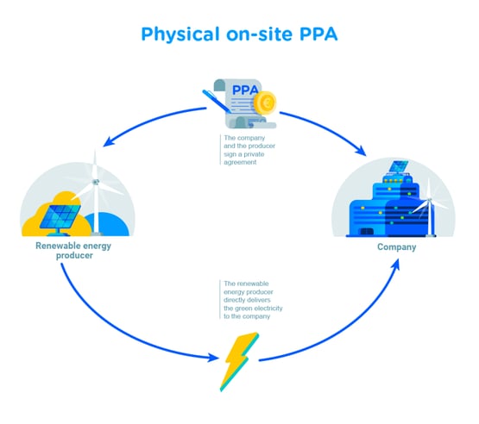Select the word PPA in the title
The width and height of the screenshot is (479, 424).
(315, 35)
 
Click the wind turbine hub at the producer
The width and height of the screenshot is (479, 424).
(96, 182)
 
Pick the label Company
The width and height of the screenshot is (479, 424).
(397, 248)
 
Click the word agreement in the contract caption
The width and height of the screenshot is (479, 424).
(239, 161)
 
